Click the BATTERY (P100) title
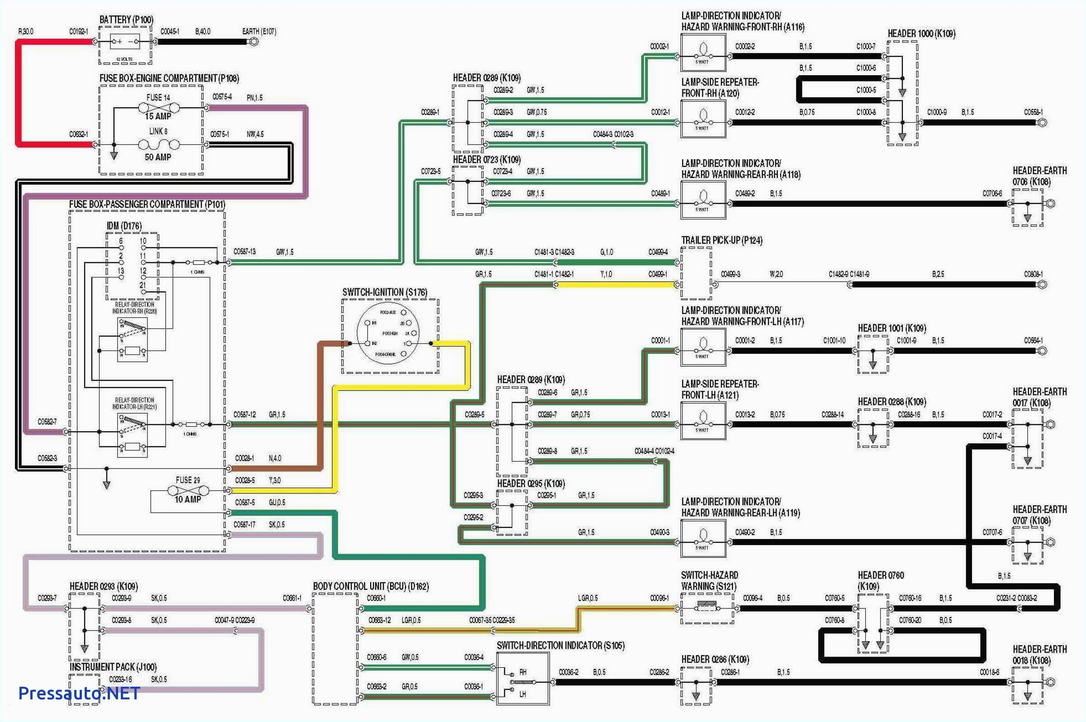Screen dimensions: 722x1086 click(x=126, y=20)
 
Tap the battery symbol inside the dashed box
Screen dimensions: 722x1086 click(x=125, y=42)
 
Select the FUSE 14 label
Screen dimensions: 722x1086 click(x=158, y=98)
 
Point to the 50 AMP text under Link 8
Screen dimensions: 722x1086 click(x=158, y=157)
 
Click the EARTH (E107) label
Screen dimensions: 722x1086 click(x=259, y=31)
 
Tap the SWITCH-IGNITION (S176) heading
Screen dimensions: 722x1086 click(x=385, y=292)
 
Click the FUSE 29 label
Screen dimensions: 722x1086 click(x=187, y=480)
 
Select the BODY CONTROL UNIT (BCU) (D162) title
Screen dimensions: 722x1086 click(x=371, y=586)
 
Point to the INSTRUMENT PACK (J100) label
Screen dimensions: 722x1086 click(x=113, y=667)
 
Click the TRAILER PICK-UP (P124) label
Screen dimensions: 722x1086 click(x=722, y=240)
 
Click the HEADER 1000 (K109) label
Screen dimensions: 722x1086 click(x=921, y=33)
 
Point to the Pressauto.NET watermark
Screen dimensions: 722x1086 click(x=79, y=693)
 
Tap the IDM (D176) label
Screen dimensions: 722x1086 click(x=124, y=226)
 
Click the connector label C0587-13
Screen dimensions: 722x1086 click(x=244, y=252)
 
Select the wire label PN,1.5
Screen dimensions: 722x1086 click(x=254, y=98)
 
